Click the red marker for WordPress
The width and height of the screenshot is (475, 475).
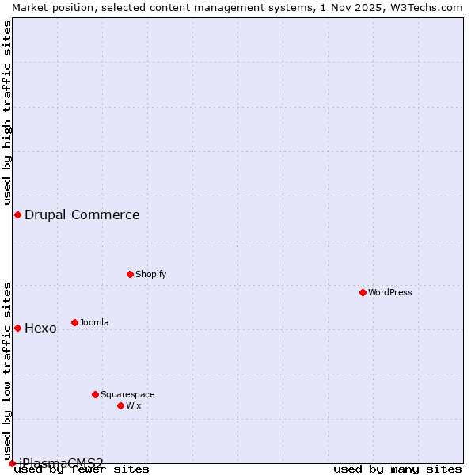(363, 292)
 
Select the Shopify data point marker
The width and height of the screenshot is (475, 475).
(130, 274)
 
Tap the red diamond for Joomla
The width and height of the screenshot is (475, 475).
(74, 322)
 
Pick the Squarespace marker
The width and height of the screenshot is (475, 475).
(95, 394)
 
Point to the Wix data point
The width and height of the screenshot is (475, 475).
(120, 405)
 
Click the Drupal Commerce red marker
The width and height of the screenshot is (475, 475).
(17, 215)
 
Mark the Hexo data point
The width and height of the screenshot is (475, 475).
(17, 328)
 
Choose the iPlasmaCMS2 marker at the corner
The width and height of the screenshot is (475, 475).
(12, 463)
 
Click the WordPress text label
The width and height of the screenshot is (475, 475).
(390, 292)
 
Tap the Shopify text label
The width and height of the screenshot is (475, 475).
(150, 274)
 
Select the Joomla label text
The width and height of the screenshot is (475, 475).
(94, 322)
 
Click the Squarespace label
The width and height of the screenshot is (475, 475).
(127, 394)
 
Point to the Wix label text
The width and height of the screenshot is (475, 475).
(134, 405)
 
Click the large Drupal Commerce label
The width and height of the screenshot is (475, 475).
(82, 215)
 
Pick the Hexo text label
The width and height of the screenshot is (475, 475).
(40, 328)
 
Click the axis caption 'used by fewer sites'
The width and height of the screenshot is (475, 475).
(82, 469)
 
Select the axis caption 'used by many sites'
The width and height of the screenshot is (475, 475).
(397, 469)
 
